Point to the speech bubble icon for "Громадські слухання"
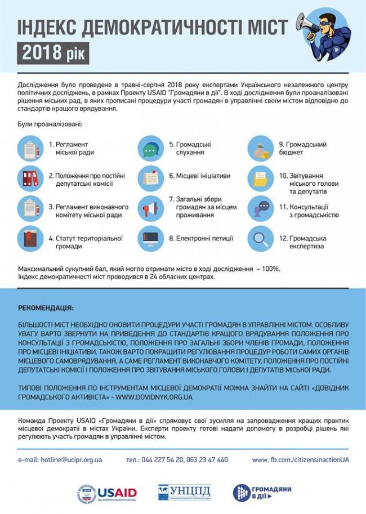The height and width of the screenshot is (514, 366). pyautogui.click(x=150, y=149)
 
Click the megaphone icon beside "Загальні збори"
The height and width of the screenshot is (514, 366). pyautogui.click(x=150, y=209)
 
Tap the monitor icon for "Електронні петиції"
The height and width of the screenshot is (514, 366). pyautogui.click(x=150, y=238)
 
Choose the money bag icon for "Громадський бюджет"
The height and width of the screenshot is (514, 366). pyautogui.click(x=260, y=149)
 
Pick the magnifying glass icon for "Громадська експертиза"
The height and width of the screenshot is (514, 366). pyautogui.click(x=260, y=238)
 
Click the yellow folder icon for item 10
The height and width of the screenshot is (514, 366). pyautogui.click(x=260, y=179)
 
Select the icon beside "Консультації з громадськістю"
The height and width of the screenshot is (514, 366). pyautogui.click(x=260, y=209)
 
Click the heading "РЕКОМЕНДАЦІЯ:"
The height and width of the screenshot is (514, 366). pyautogui.click(x=46, y=309)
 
